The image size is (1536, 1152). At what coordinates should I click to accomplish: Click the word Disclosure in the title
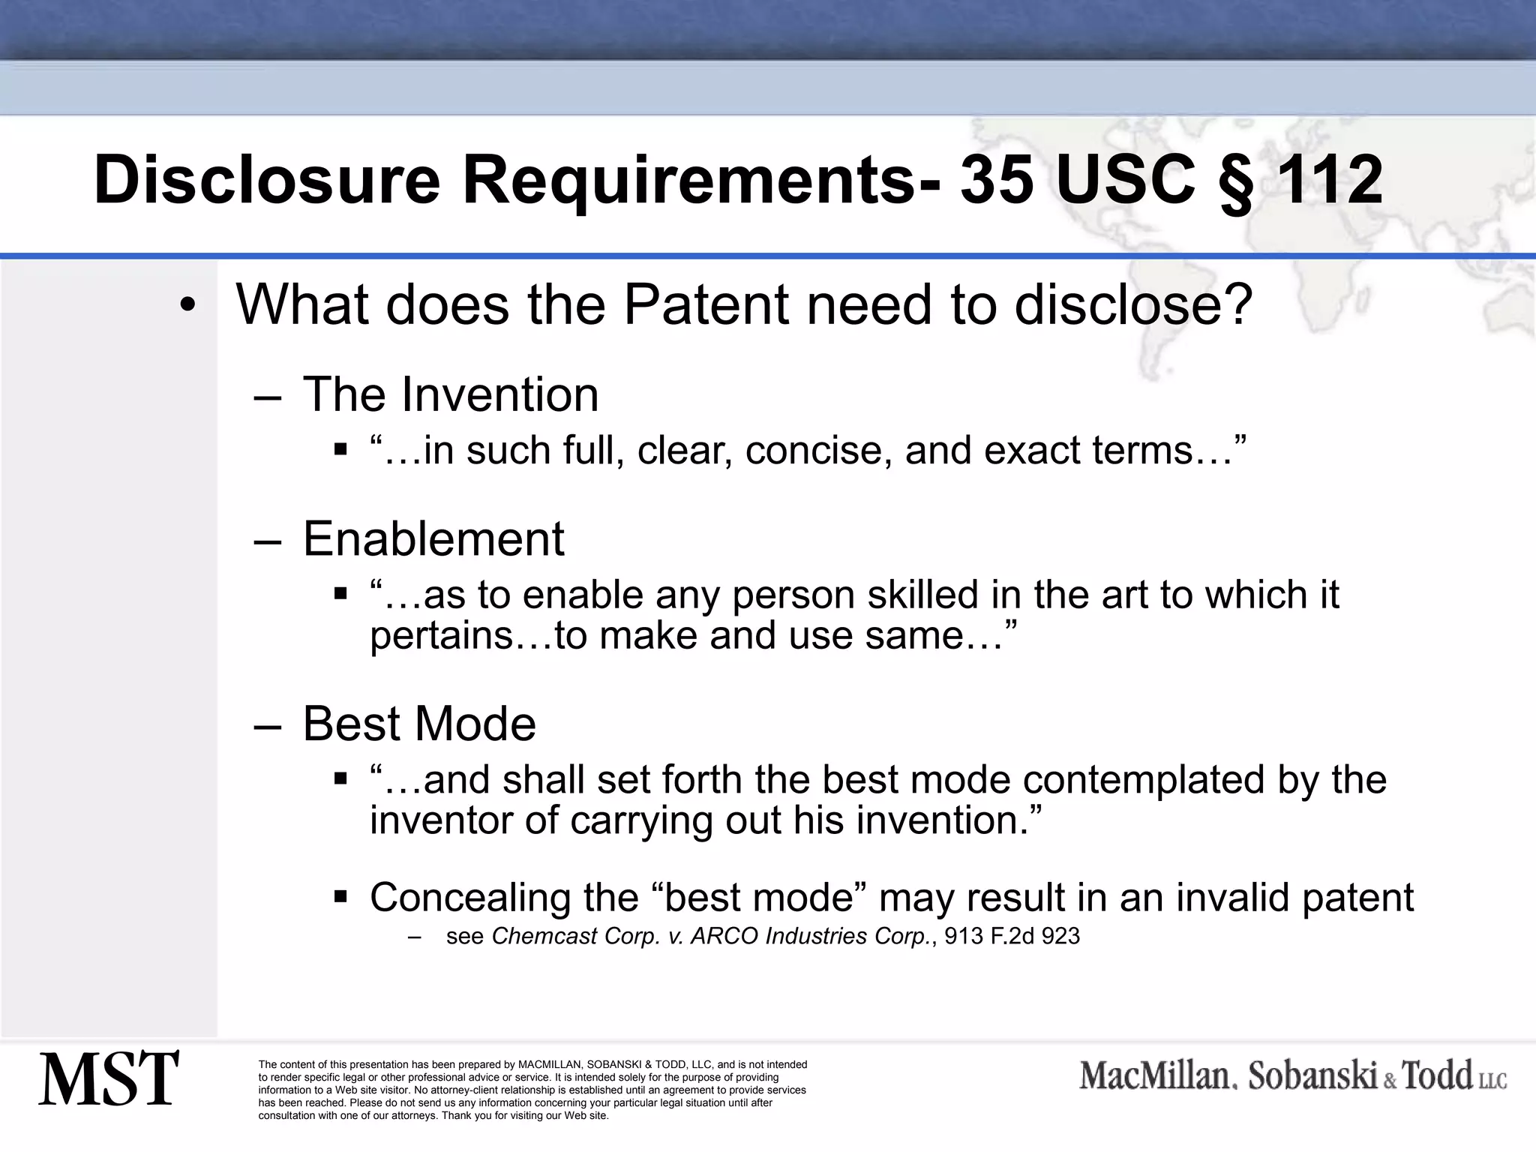(x=266, y=180)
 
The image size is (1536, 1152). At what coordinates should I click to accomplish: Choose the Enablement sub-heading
(x=433, y=538)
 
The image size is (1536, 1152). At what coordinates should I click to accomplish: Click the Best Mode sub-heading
(x=419, y=724)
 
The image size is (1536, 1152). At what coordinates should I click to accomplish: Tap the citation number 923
(x=1060, y=937)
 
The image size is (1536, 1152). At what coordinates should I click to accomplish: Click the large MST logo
(x=109, y=1078)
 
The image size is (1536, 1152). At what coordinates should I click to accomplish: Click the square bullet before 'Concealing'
(x=340, y=896)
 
